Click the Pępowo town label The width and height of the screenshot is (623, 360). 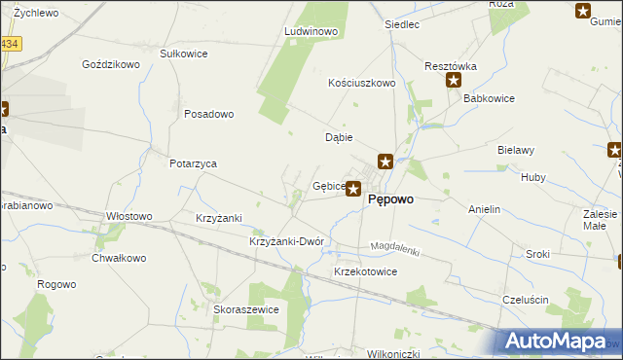click(x=391, y=199)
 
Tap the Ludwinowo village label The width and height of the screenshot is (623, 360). click(x=310, y=32)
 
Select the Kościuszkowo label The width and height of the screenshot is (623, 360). click(x=362, y=84)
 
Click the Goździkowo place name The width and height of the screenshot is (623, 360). click(x=112, y=64)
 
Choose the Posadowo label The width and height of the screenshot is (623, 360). click(x=208, y=114)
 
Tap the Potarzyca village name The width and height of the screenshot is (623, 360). click(x=192, y=163)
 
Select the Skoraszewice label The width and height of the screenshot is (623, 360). click(x=246, y=308)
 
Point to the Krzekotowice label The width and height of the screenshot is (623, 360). click(x=365, y=271)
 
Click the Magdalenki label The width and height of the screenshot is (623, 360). click(x=395, y=248)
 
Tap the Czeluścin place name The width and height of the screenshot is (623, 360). click(x=528, y=299)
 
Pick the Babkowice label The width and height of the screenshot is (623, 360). click(x=489, y=99)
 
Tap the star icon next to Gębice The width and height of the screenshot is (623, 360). click(x=354, y=189)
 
